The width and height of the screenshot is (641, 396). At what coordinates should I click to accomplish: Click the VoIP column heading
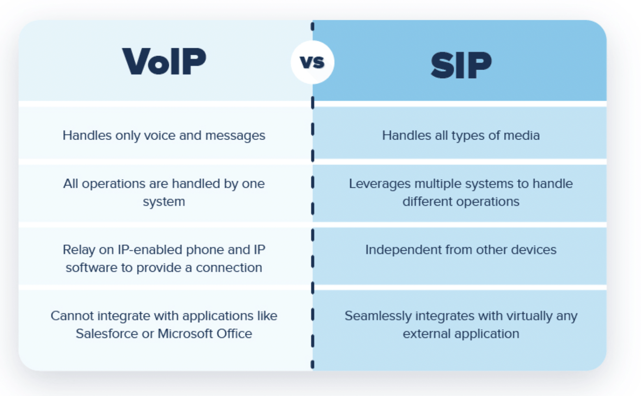pyautogui.click(x=164, y=62)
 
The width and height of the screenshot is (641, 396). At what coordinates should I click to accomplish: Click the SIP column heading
pyautogui.click(x=461, y=65)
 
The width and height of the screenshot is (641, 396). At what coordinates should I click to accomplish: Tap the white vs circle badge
pyautogui.click(x=312, y=62)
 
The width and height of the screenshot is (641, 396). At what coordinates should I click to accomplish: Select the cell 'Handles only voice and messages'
pyautogui.click(x=164, y=135)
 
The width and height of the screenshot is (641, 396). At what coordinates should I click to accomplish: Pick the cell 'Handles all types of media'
pyautogui.click(x=461, y=135)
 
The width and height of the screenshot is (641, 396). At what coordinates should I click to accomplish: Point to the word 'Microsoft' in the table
pyautogui.click(x=185, y=333)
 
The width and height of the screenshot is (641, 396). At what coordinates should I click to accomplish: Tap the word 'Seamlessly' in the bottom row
pyautogui.click(x=378, y=316)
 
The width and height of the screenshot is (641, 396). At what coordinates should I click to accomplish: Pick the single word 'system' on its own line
pyautogui.click(x=164, y=202)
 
